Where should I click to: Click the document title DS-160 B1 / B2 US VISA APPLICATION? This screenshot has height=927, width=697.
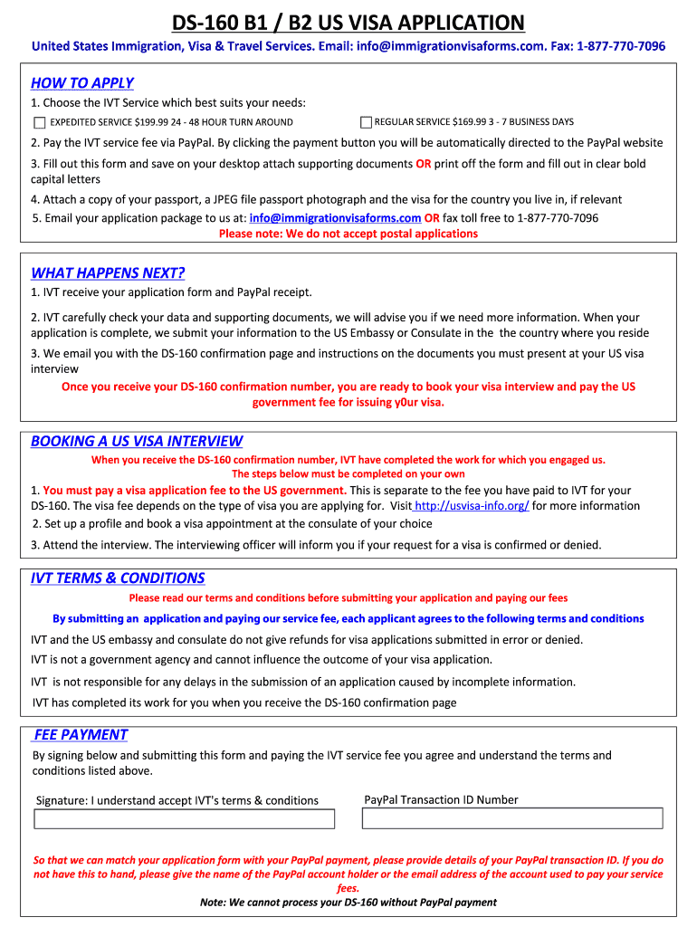[x=348, y=22]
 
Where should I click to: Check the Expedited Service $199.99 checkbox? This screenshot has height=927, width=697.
[x=40, y=122]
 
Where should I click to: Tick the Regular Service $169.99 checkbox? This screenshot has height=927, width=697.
[x=366, y=122]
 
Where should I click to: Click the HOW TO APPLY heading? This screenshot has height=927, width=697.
[x=82, y=83]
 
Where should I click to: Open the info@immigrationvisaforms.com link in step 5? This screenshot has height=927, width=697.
[x=335, y=218]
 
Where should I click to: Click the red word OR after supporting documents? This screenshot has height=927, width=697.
[x=423, y=164]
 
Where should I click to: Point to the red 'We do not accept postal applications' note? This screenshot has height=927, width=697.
[x=348, y=234]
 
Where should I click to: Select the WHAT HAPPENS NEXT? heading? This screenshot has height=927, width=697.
[x=108, y=273]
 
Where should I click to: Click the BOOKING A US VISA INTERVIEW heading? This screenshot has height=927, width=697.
[x=137, y=442]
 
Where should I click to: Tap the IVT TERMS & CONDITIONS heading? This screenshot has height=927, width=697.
[x=118, y=578]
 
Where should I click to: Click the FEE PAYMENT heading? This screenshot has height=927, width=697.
[x=81, y=735]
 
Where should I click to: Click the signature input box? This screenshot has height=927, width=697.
[x=184, y=818]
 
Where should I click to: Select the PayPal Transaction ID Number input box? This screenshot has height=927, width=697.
[x=512, y=818]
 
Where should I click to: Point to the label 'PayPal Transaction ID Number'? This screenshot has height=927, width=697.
[x=441, y=799]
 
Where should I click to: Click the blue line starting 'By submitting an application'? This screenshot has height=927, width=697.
[x=348, y=618]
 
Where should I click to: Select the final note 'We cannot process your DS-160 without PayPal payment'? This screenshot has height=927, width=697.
[x=348, y=902]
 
